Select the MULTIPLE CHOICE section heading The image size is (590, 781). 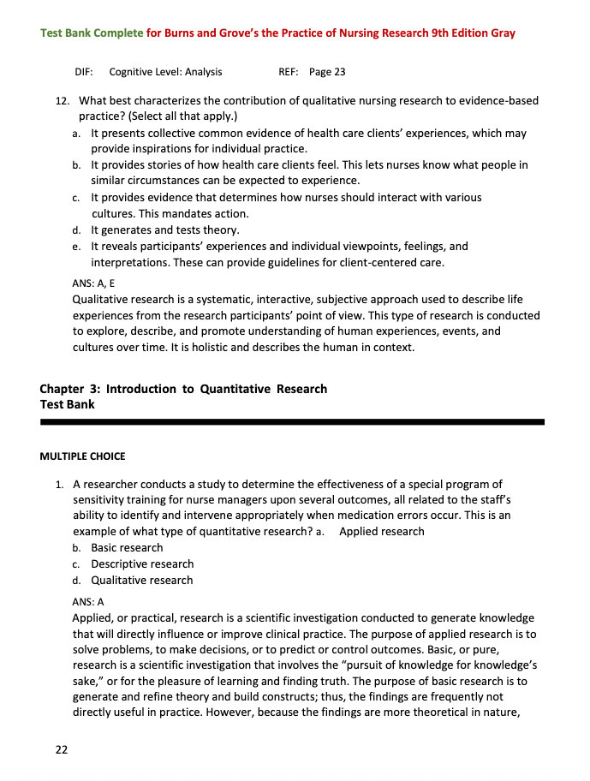point(82,456)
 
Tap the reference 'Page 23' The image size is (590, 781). point(327,72)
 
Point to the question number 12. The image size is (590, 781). point(62,100)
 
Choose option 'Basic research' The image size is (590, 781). point(127,547)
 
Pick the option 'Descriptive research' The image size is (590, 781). point(142,563)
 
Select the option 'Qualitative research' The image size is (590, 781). point(142,580)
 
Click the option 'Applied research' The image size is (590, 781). point(381,531)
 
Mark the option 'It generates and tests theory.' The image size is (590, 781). point(165,230)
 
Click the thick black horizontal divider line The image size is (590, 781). point(292,421)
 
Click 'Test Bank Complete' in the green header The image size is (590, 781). point(92,33)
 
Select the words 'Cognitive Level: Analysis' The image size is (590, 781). point(165,72)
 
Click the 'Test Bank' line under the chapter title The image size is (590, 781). point(68,404)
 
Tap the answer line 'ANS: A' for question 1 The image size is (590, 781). point(87,601)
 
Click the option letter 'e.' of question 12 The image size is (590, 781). point(76,247)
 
